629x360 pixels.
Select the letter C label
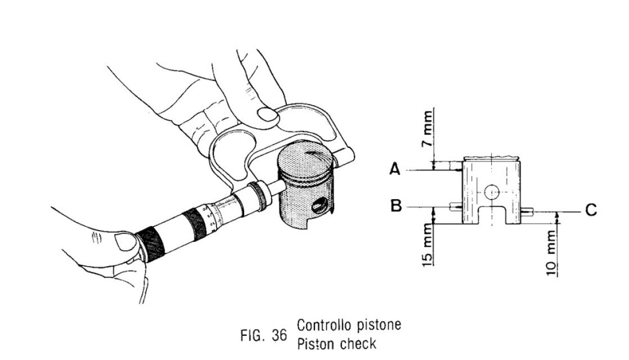[x=590, y=210]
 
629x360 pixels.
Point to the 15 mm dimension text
[x=429, y=245]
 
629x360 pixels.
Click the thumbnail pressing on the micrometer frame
[x=267, y=114]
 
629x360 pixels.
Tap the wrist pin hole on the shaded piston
[x=317, y=206]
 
